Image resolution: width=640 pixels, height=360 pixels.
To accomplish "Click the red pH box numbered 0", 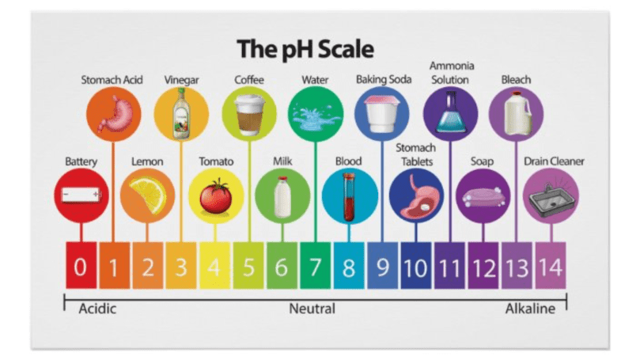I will click(80, 266).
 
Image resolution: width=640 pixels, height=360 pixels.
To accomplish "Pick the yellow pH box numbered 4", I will click(214, 266).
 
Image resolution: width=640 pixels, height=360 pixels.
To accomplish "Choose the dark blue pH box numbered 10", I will click(415, 266).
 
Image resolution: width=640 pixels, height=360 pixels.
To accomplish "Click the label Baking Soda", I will click(383, 80).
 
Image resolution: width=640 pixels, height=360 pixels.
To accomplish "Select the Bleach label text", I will click(516, 80).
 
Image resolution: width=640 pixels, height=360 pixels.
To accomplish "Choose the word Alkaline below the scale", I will click(530, 309).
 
